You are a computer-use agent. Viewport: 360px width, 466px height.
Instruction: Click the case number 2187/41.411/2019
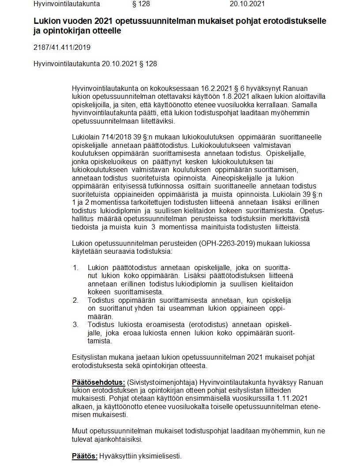(x=62, y=48)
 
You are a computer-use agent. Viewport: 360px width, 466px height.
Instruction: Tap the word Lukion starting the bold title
(x=46, y=22)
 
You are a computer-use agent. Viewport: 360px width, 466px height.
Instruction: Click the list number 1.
(x=75, y=267)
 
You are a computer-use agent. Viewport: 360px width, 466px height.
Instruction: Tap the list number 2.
(x=76, y=300)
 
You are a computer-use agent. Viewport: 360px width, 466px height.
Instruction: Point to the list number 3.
(x=76, y=324)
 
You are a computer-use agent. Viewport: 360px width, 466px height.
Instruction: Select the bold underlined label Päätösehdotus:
(x=99, y=381)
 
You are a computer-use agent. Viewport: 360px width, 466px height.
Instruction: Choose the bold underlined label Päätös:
(x=85, y=456)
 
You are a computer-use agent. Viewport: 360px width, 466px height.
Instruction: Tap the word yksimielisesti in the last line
(x=159, y=456)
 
